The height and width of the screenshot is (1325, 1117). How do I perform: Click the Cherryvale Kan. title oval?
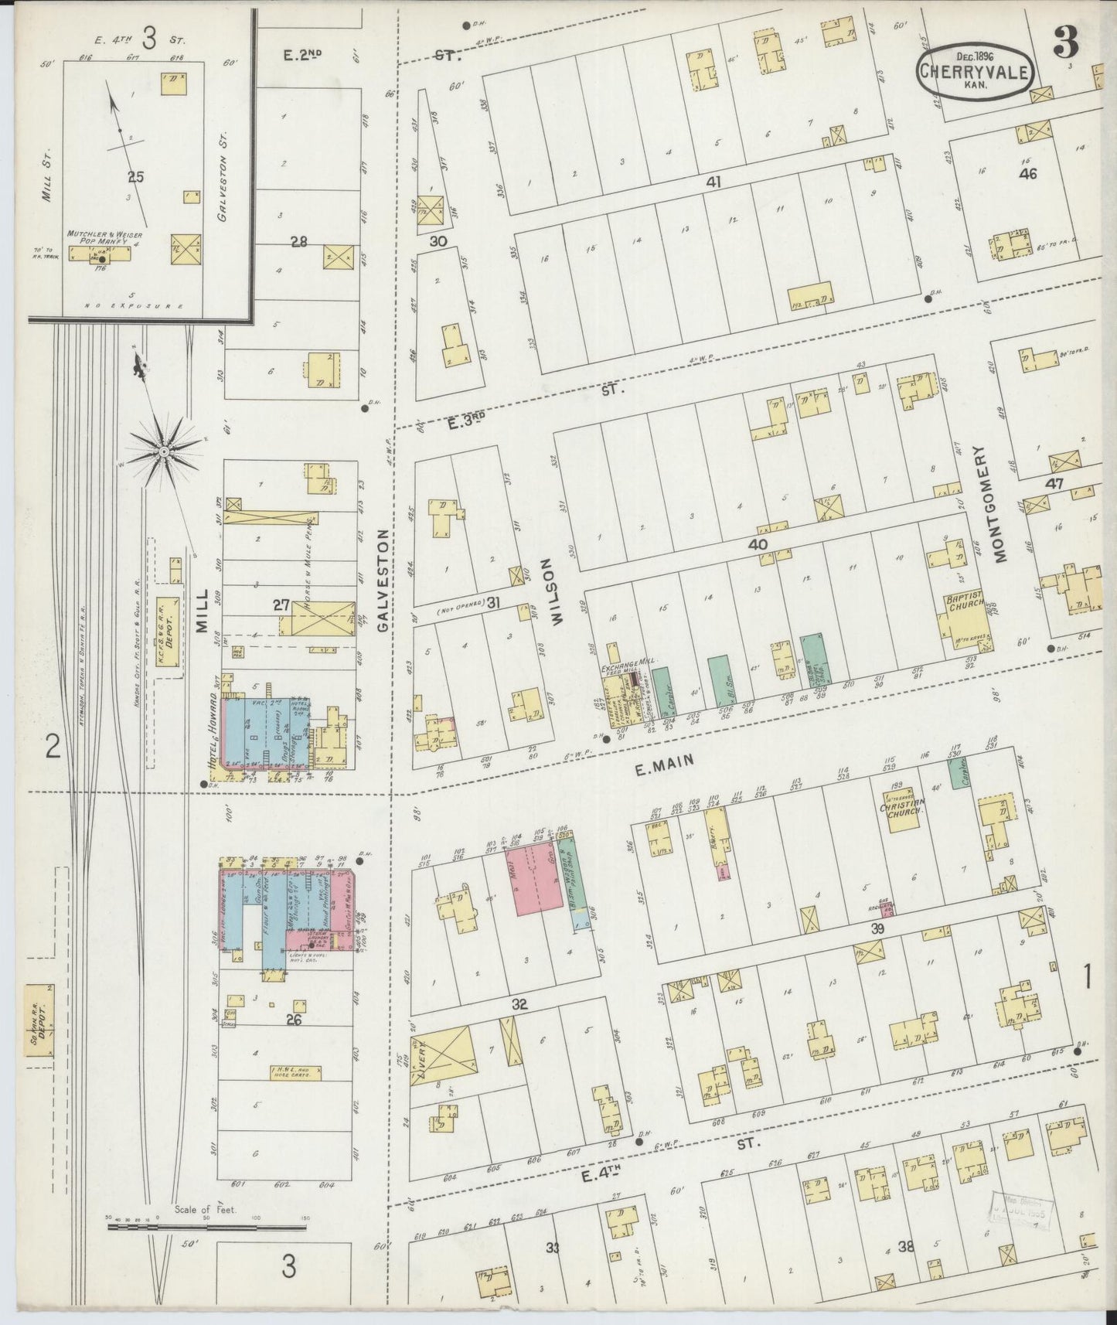point(974,71)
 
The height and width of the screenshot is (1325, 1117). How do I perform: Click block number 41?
point(712,182)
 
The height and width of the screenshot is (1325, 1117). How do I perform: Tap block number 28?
point(299,242)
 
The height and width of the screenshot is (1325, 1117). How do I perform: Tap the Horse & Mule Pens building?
point(323,622)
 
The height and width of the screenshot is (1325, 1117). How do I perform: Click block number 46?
point(1027,174)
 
